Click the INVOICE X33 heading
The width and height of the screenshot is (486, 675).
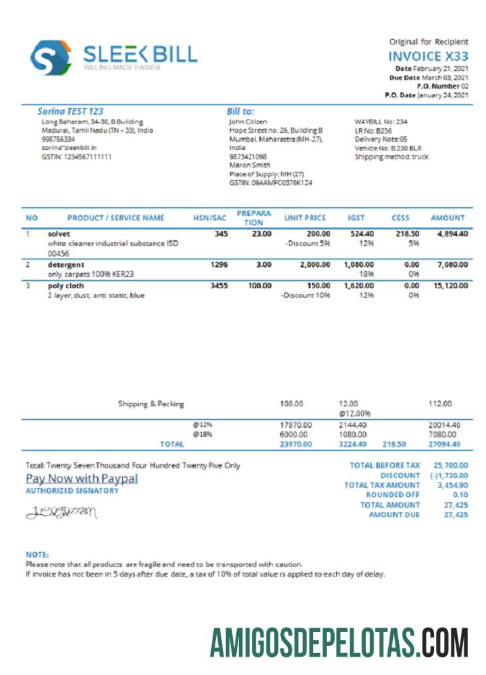pyautogui.click(x=428, y=57)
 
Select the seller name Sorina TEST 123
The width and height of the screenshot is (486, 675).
pyautogui.click(x=71, y=111)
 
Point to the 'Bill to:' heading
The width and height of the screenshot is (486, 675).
pyautogui.click(x=240, y=111)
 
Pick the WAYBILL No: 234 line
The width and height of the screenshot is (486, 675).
pyautogui.click(x=381, y=122)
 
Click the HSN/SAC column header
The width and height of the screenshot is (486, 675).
pyautogui.click(x=209, y=218)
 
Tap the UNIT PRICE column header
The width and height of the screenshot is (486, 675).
pyautogui.click(x=304, y=218)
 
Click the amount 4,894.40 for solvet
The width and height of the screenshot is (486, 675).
pyautogui.click(x=448, y=234)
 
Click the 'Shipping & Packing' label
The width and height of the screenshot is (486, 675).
pyautogui.click(x=151, y=404)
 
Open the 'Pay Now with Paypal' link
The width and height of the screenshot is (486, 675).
pyautogui.click(x=82, y=478)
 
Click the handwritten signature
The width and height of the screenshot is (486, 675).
pyautogui.click(x=61, y=513)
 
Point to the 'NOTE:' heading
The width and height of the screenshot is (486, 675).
pyautogui.click(x=37, y=554)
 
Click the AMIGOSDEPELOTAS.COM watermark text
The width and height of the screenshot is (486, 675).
pyautogui.click(x=338, y=642)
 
